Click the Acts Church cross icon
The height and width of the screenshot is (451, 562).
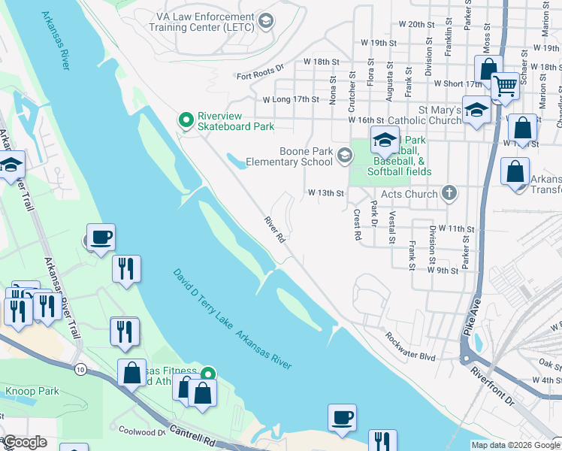click(449, 193)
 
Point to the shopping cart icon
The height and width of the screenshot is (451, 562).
click(505, 87)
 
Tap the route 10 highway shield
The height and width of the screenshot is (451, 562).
click(80, 369)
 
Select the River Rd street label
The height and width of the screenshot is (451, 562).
click(274, 230)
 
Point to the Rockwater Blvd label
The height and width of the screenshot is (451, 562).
click(410, 347)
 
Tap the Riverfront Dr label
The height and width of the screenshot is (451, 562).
click(494, 386)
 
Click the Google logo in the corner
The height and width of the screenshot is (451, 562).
click(26, 442)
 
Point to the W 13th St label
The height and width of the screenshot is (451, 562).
click(326, 193)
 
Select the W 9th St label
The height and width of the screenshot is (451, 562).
click(443, 269)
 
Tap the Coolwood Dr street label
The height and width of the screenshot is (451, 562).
click(141, 431)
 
